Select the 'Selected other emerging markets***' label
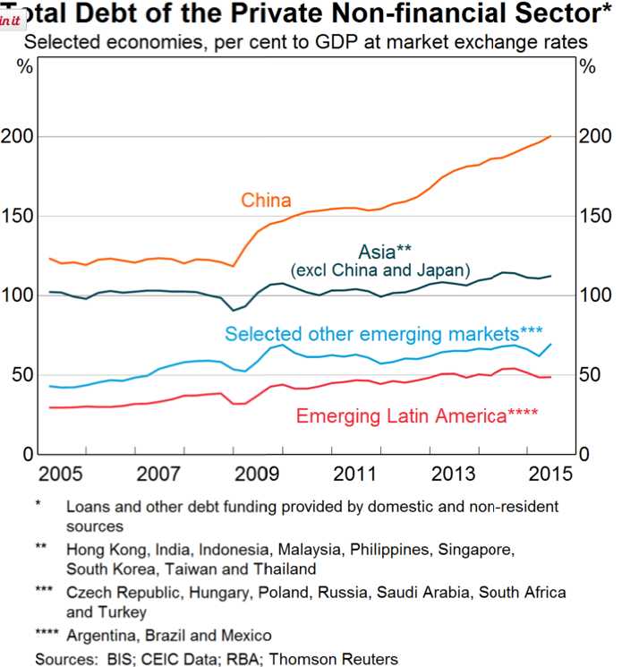[384, 333]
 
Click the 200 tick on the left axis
[19, 136]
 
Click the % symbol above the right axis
[588, 66]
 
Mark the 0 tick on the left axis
[29, 454]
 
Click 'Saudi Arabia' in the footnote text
[405, 593]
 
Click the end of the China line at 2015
[550, 136]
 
